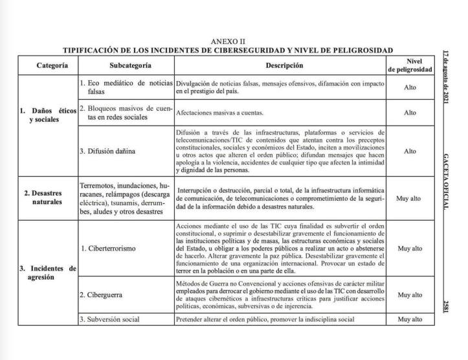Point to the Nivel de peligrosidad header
click(x=409, y=66)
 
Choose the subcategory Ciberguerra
click(x=106, y=295)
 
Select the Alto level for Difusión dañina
click(x=409, y=151)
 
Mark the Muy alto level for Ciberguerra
click(x=409, y=295)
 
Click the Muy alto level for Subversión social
click(x=409, y=319)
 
